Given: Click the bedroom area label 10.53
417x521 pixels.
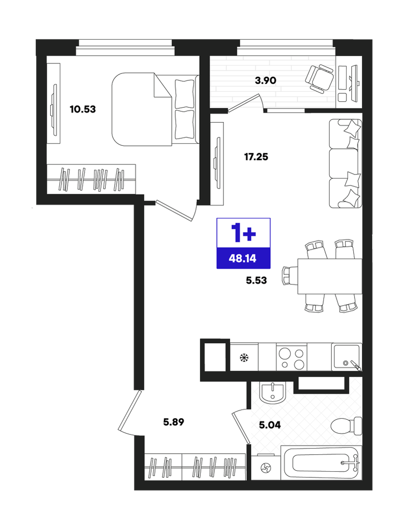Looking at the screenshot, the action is click(83, 109).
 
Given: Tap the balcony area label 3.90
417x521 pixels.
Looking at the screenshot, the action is click(265, 81).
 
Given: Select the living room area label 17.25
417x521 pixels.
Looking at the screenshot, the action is click(256, 156).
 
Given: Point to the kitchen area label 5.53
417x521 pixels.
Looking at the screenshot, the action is click(256, 281).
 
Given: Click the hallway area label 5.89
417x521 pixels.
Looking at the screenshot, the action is click(173, 422).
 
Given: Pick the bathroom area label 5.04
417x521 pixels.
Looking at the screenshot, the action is click(270, 424).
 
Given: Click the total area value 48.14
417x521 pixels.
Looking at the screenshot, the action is click(243, 258).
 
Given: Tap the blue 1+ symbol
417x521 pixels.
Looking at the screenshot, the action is click(243, 233).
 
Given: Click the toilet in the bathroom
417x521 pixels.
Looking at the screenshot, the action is click(346, 426).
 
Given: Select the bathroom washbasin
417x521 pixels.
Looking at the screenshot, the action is click(273, 393).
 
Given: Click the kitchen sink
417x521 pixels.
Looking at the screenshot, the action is click(346, 357).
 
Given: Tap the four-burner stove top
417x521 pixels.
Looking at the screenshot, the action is click(291, 357).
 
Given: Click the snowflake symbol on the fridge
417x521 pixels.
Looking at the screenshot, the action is click(244, 358).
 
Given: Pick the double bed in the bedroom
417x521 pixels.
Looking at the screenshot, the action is click(155, 109).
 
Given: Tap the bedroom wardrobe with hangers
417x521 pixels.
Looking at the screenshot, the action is click(91, 179).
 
